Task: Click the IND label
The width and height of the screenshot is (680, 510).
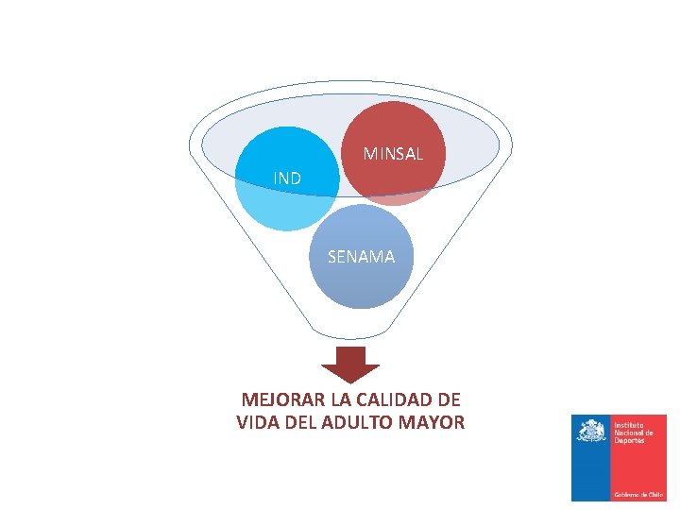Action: (x=287, y=178)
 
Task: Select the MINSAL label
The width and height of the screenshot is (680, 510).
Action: (x=393, y=153)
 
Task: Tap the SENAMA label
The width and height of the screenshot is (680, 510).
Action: (x=361, y=256)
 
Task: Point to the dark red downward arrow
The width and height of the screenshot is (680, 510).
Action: (x=350, y=364)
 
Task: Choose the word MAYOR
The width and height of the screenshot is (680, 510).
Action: (x=434, y=422)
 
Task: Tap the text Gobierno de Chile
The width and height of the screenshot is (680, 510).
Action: (x=638, y=494)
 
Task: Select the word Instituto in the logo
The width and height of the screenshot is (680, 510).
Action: (x=629, y=426)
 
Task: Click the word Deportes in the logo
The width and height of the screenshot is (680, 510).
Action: (x=631, y=441)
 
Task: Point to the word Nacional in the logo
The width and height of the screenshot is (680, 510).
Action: (x=633, y=433)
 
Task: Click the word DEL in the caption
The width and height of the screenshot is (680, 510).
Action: (x=304, y=422)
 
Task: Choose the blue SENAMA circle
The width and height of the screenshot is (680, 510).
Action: (x=362, y=283)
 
